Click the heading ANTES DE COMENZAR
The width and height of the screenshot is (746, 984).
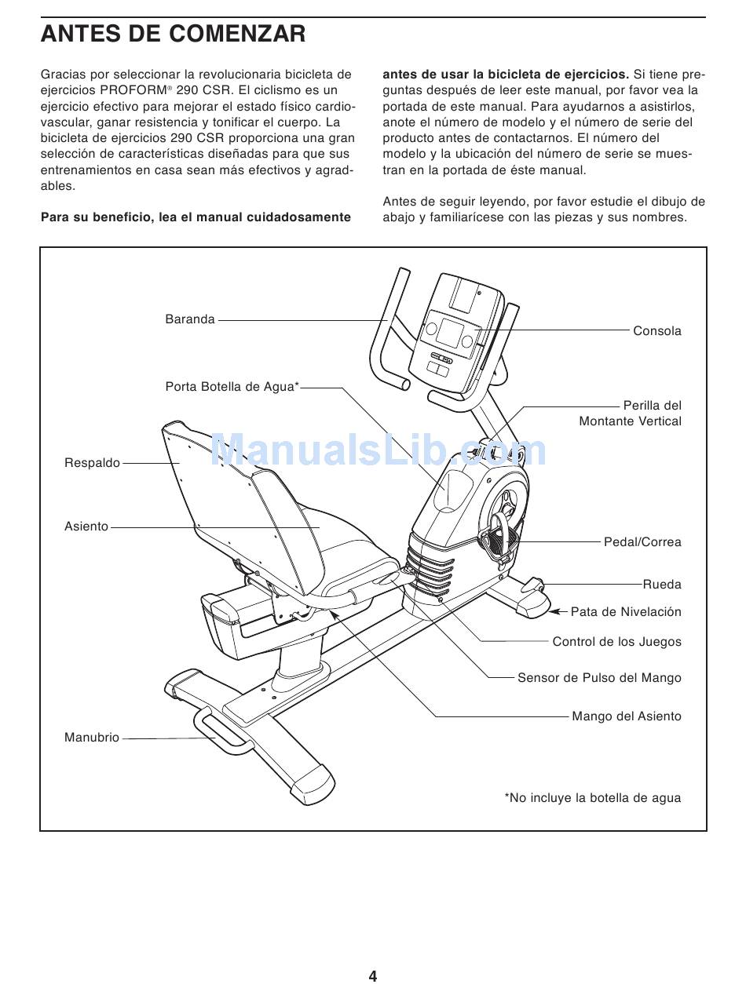(173, 35)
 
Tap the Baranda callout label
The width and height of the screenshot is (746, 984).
(189, 319)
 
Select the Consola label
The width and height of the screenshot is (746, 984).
(656, 331)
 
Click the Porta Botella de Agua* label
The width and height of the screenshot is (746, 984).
(232, 387)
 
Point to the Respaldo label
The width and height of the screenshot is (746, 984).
(92, 463)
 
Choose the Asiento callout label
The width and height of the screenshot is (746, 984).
(86, 527)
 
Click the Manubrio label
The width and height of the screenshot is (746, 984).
(92, 738)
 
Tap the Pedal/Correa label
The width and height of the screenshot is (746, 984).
(642, 542)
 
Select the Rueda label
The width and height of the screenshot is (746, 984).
(662, 585)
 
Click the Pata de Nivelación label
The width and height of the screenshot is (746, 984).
(625, 612)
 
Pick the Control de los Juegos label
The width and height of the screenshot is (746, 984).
(616, 642)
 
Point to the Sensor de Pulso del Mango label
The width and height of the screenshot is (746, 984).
(599, 678)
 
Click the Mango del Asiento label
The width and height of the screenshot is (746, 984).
(626, 716)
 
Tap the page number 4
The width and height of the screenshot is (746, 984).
(373, 976)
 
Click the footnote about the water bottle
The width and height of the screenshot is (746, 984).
(592, 798)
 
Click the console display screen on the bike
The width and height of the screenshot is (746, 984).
(451, 333)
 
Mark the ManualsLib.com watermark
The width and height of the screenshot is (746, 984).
(378, 451)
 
